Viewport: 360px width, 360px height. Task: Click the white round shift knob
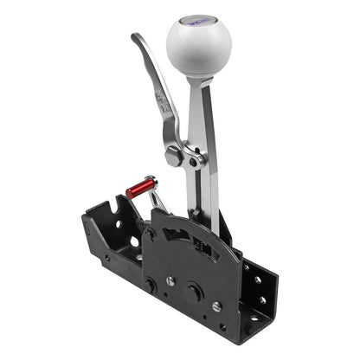coord(199,46)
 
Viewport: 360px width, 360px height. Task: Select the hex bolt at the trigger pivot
coord(174,157)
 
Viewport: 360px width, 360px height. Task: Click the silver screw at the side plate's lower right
coord(215,306)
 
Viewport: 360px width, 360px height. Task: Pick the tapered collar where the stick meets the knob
coord(199,81)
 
